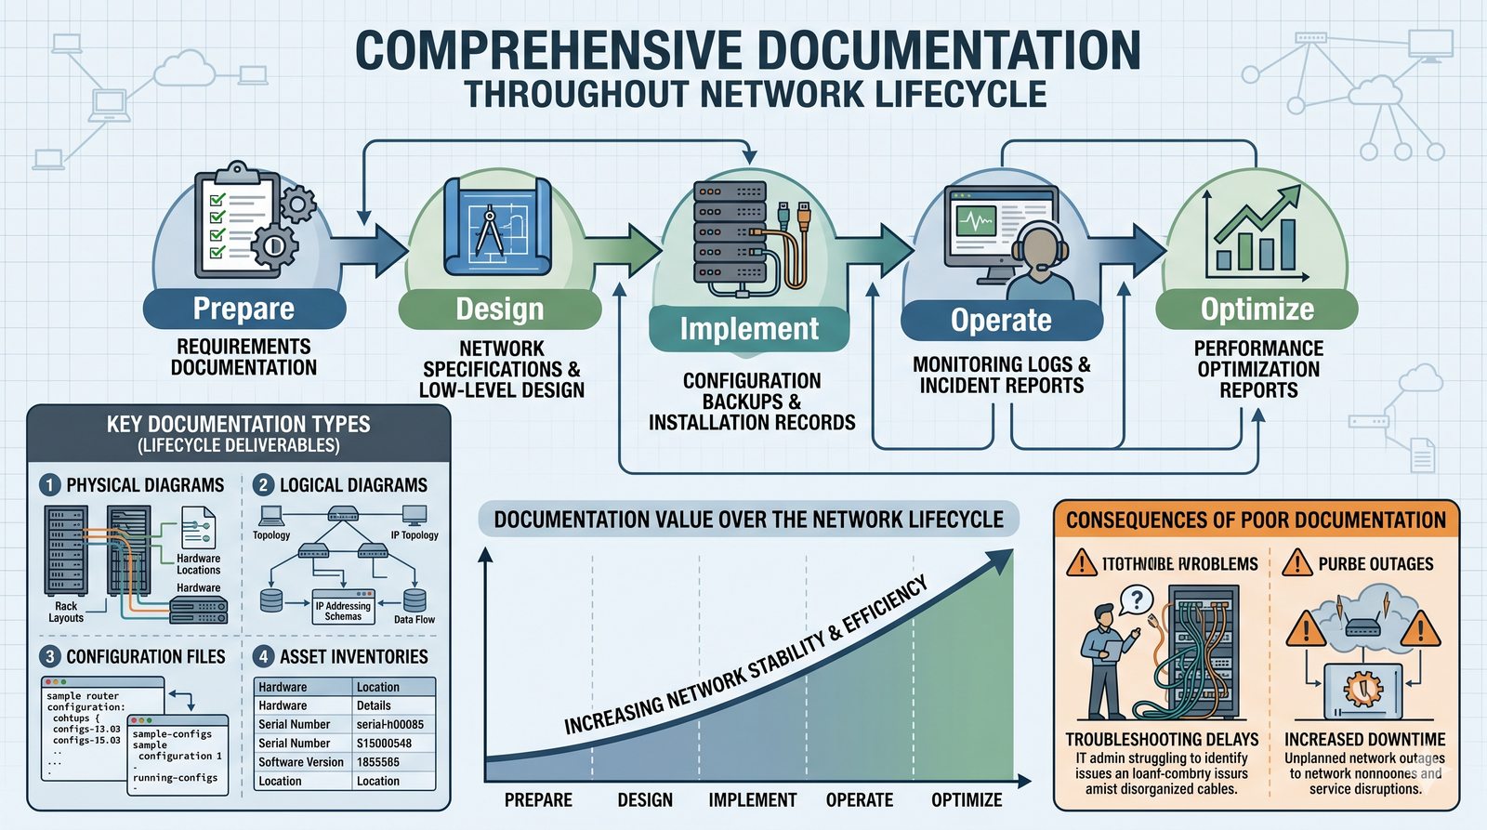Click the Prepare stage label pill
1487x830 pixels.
click(243, 309)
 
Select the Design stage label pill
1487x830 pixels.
click(500, 310)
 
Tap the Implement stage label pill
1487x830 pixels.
click(749, 329)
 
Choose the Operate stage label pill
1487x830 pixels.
click(1001, 321)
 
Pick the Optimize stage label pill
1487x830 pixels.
click(1257, 310)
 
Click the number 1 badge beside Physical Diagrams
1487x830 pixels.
click(50, 485)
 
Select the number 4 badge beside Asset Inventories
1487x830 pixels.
click(263, 657)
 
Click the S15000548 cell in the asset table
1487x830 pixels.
click(384, 744)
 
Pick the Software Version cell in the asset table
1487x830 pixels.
click(301, 762)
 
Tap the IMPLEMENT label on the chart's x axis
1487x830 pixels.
click(753, 800)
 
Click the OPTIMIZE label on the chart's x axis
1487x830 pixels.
click(967, 800)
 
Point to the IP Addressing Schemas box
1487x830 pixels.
click(343, 610)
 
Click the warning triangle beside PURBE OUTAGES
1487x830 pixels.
click(1296, 563)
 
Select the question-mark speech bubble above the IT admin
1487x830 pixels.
click(1137, 599)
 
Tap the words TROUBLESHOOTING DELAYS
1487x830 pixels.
click(1162, 740)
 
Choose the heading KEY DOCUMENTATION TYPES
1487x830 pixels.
click(238, 425)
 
